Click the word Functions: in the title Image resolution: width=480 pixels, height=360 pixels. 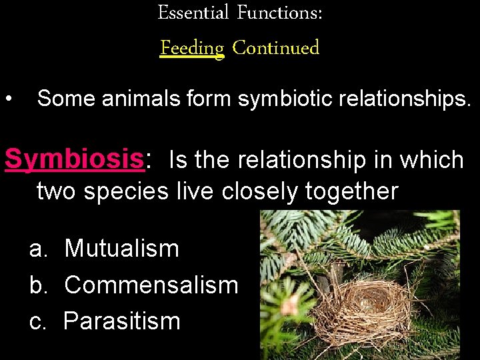(x=279, y=13)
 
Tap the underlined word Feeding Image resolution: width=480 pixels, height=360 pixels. (x=192, y=48)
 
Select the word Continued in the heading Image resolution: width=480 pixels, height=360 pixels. (x=276, y=48)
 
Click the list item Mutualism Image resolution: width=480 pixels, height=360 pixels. (x=122, y=249)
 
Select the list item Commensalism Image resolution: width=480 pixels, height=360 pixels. (x=151, y=285)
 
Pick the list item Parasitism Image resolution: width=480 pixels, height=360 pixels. (x=122, y=321)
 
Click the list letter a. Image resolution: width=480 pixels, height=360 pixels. (x=38, y=249)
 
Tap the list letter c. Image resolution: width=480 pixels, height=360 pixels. (x=38, y=321)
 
